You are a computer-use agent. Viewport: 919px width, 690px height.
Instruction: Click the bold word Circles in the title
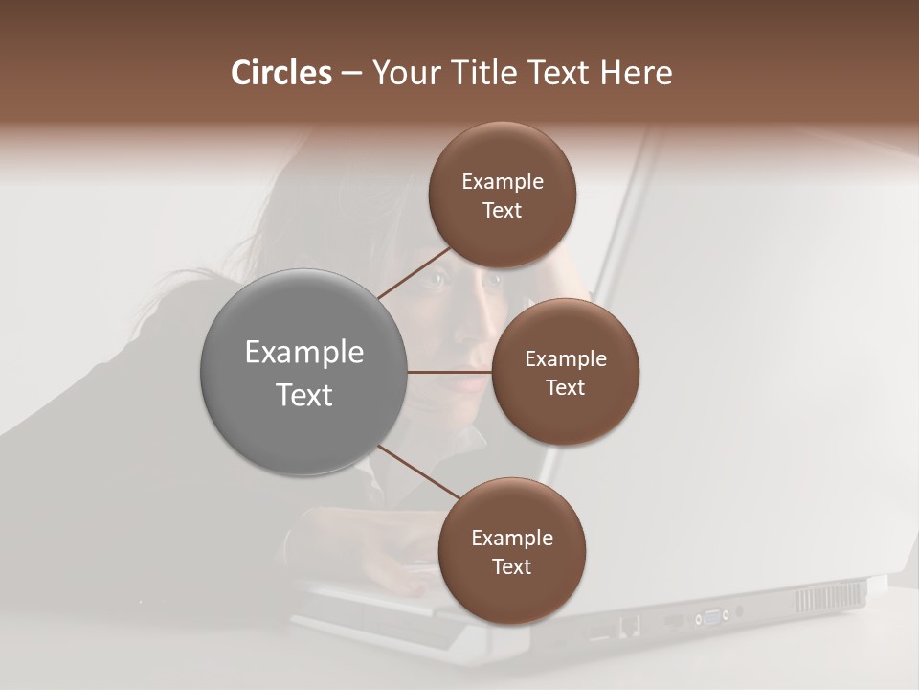point(280,73)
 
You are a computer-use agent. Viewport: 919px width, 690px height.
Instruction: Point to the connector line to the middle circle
point(450,372)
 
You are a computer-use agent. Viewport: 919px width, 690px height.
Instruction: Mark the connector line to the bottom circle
point(416,472)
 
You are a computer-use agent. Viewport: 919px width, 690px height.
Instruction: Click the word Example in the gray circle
point(304,353)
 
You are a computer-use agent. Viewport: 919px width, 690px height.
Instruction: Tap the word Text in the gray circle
point(304,395)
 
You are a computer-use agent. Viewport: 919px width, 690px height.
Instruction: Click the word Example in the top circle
point(503,182)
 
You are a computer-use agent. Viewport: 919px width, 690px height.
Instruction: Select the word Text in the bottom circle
point(511,566)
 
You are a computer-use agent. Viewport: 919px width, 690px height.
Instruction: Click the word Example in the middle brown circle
point(566,359)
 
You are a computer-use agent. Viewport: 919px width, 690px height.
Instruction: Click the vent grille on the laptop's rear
point(828,597)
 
